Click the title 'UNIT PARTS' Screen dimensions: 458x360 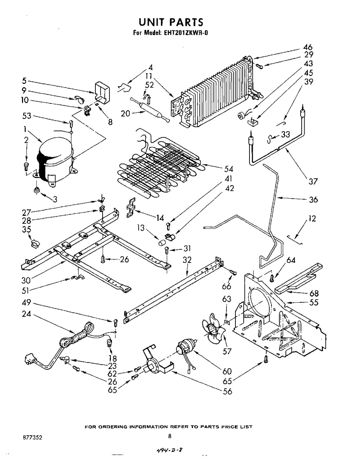pos(171,22)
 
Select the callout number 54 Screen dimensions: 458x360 pos(228,169)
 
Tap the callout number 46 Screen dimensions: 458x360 pos(308,47)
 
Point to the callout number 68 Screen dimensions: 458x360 pos(314,293)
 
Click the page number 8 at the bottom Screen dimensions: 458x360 pos(170,436)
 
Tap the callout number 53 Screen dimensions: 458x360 pos(27,116)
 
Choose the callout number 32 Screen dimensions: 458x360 pos(187,260)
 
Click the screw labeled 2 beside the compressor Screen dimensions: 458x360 pos(26,166)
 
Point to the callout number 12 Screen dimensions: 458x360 pos(312,218)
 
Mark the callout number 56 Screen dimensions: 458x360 pos(228,391)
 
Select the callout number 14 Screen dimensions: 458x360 pos(160,218)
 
